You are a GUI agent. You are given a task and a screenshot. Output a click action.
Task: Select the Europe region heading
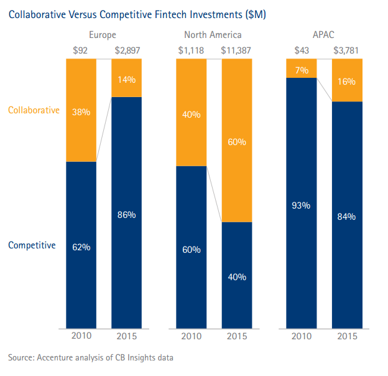103,35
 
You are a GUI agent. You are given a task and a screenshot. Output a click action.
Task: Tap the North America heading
213,35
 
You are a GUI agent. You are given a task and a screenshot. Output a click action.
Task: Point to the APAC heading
323,35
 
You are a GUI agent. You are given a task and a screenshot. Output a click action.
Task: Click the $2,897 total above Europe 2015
127,50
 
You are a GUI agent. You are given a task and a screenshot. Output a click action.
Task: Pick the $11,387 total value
236,50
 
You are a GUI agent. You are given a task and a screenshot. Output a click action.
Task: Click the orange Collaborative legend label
34,110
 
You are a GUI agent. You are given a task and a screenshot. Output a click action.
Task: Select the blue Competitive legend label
32,245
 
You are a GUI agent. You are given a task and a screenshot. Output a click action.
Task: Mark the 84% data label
347,216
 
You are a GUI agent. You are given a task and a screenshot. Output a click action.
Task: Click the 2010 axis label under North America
191,337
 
